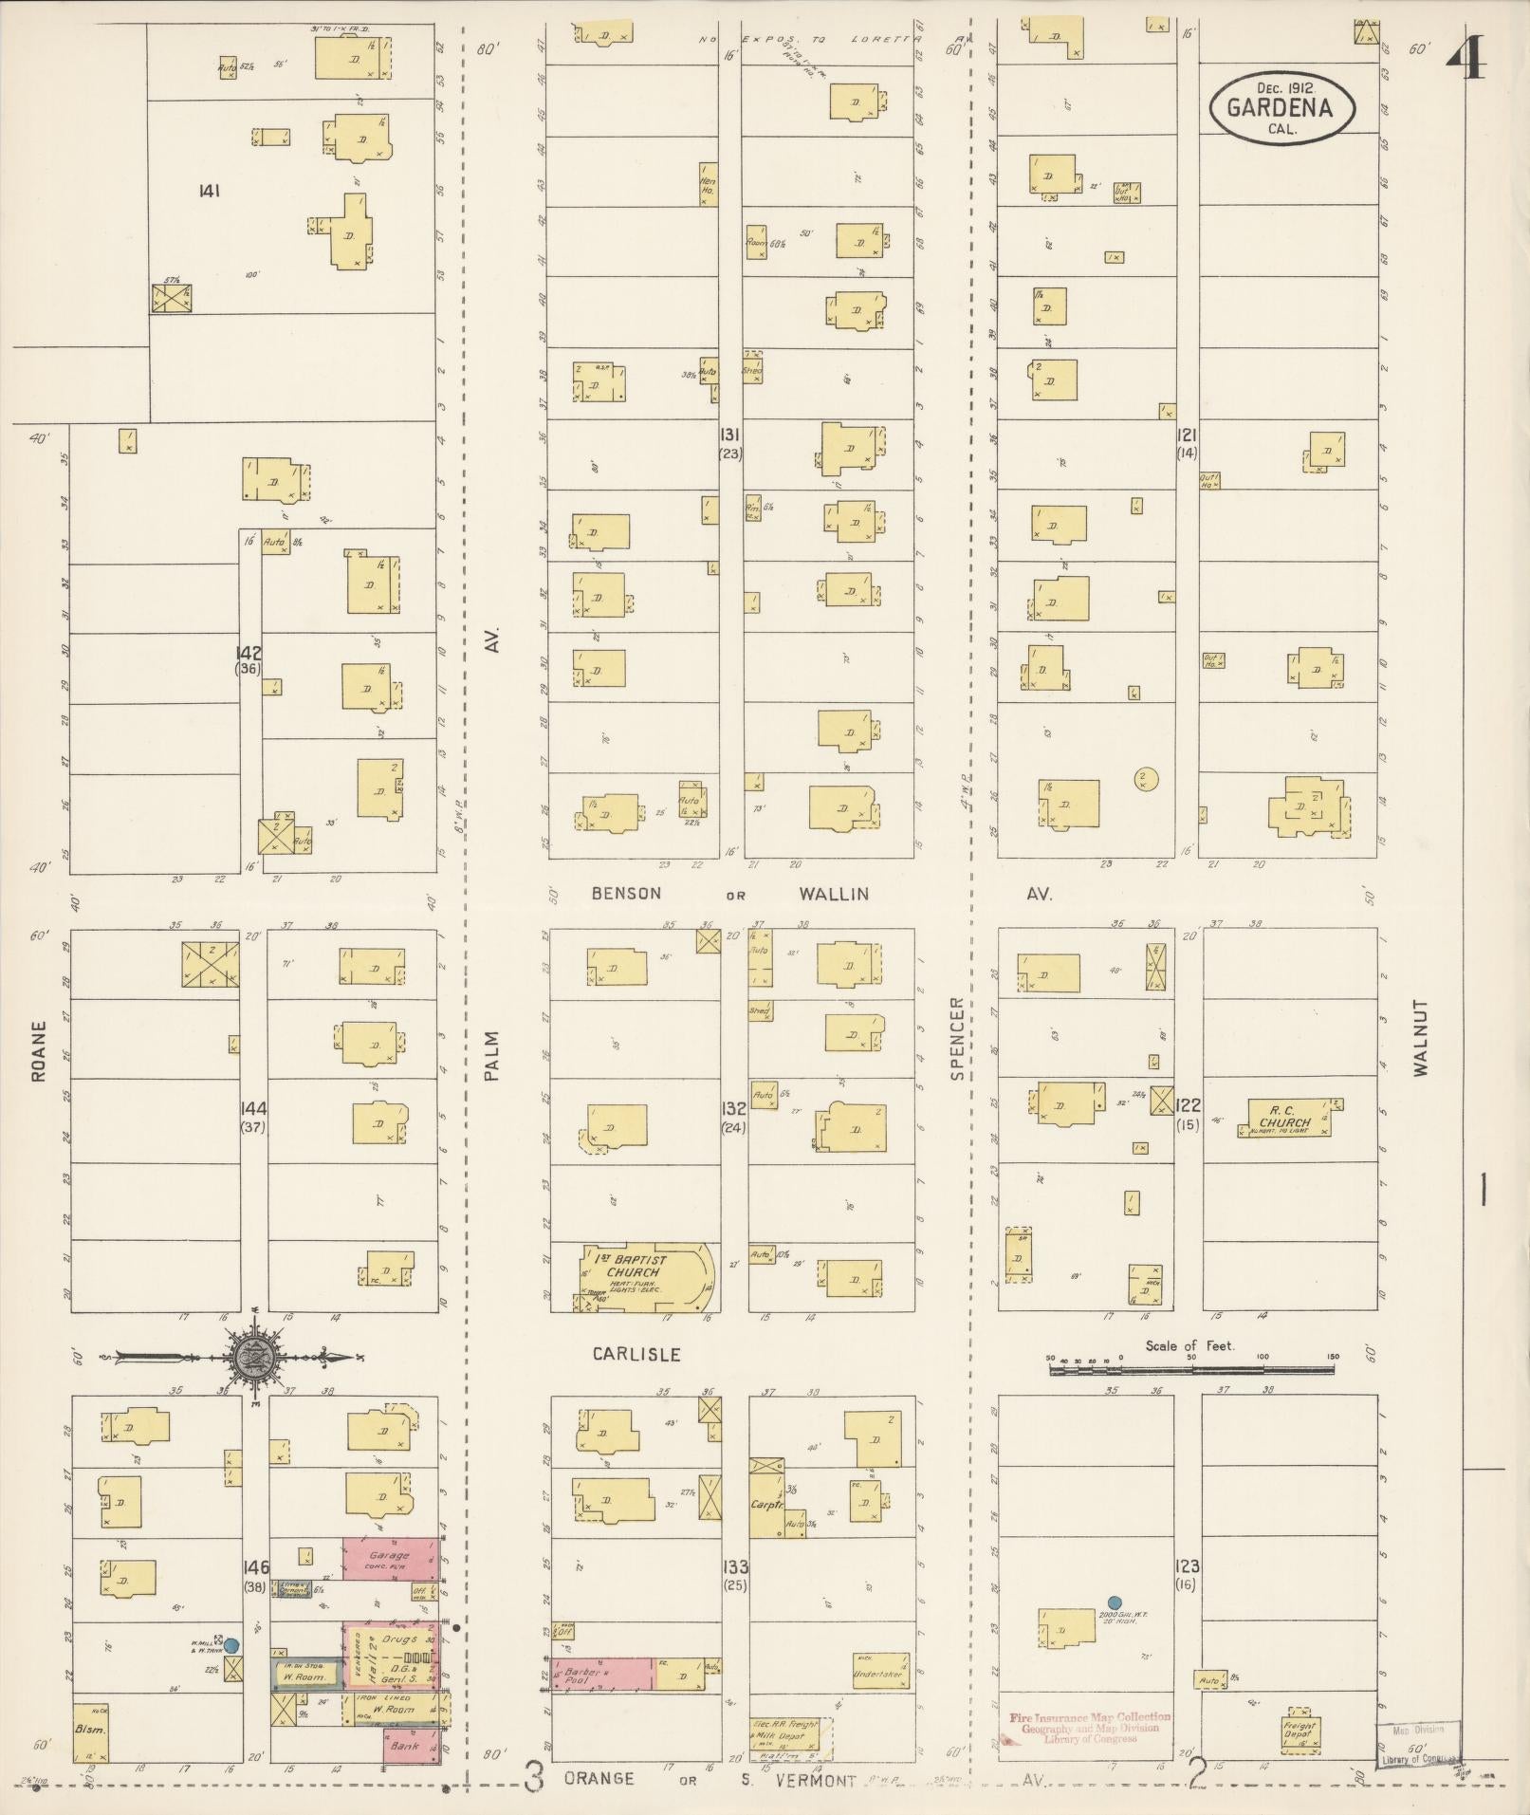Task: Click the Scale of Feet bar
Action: tap(1191, 1370)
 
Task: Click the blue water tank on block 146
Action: tap(231, 1646)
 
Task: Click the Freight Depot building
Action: tap(1299, 1731)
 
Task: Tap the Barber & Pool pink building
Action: tap(601, 1676)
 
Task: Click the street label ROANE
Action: tap(39, 1051)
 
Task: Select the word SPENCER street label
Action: tap(956, 1038)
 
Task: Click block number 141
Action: tap(209, 191)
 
